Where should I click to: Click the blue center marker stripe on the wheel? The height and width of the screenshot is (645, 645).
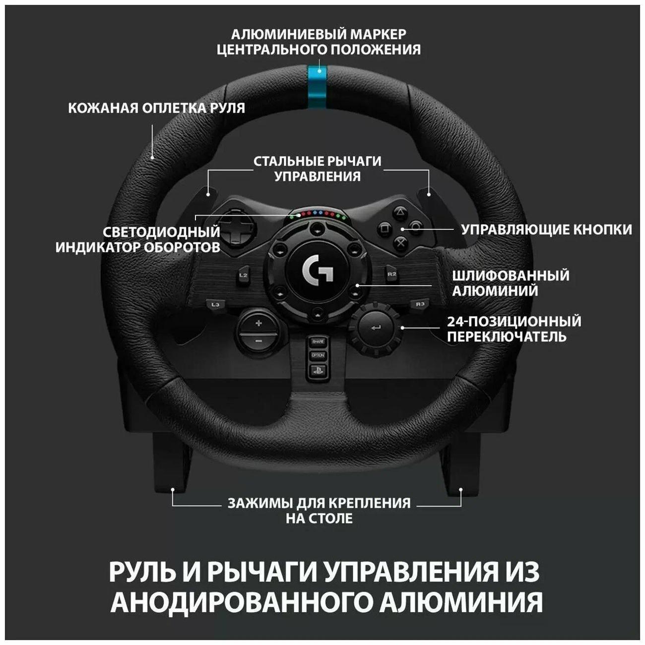click(317, 86)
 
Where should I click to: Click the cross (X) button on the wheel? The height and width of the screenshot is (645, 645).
click(399, 243)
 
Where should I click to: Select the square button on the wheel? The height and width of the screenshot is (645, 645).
click(385, 229)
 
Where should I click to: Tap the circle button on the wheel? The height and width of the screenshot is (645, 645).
click(416, 229)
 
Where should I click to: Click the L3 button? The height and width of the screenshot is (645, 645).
click(215, 305)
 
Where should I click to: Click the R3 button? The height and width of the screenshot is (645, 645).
click(420, 304)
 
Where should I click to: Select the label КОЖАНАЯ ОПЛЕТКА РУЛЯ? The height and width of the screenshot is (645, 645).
click(156, 108)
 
